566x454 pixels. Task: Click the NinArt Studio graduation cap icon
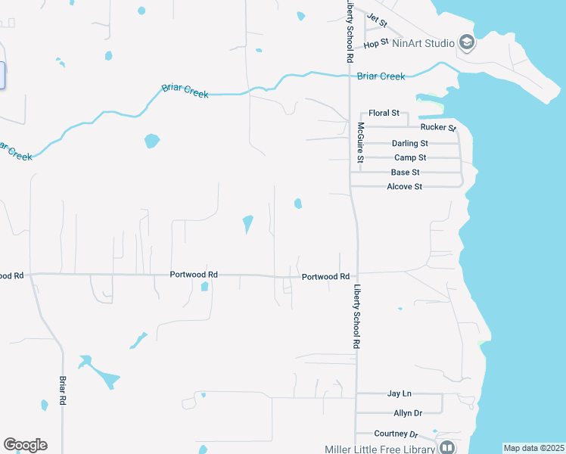tap(467, 43)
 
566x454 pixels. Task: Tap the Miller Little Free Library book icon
tap(448, 449)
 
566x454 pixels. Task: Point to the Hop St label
tap(375, 44)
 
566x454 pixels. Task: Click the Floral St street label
tap(384, 113)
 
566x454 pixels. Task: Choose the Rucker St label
tap(441, 128)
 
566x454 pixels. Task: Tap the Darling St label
tap(410, 143)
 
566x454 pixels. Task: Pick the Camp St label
tap(410, 157)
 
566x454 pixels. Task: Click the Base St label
tap(406, 173)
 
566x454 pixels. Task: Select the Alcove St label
tap(404, 186)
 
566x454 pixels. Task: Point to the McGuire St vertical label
tap(361, 143)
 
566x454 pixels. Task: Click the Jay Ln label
tap(399, 393)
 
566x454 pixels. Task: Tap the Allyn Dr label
tap(407, 413)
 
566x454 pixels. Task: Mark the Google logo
tap(26, 445)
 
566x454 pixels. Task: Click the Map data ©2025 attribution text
tap(533, 448)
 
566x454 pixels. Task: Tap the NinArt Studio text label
tap(423, 43)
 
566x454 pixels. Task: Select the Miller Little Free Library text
tap(380, 449)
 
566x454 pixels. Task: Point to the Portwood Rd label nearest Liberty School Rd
tap(325, 277)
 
